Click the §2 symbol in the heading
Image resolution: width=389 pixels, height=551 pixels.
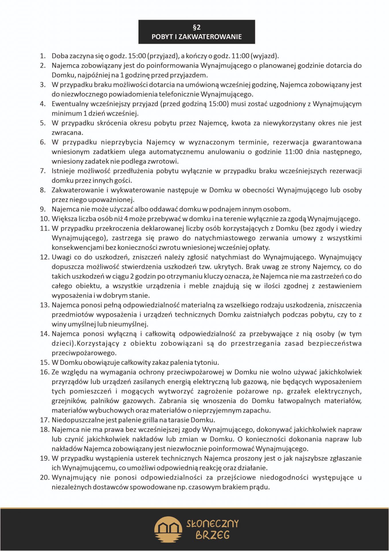click(x=197, y=28)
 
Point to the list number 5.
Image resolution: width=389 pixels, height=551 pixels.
click(x=43, y=123)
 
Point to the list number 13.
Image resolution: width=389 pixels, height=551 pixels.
click(x=44, y=305)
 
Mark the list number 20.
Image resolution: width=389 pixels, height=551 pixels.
click(x=44, y=478)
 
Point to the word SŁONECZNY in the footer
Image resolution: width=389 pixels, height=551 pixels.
click(x=212, y=524)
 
